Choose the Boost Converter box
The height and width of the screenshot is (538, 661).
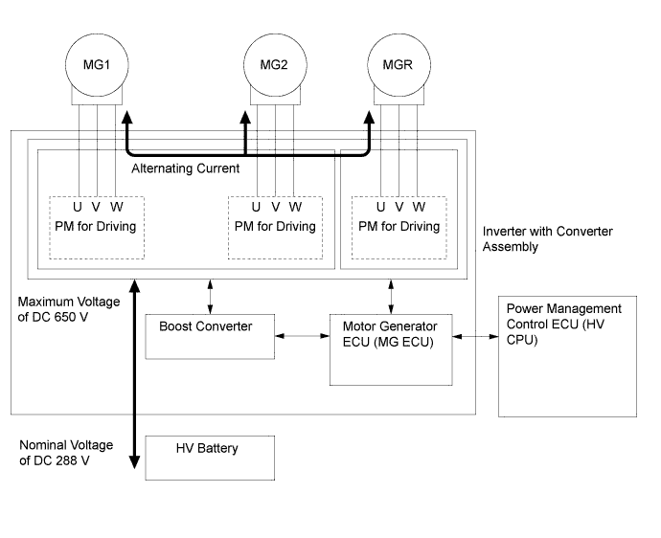(x=204, y=335)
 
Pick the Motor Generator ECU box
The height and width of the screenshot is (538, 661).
(x=390, y=347)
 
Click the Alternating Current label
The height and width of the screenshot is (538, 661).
(x=185, y=168)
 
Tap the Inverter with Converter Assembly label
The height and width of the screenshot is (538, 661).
(x=547, y=238)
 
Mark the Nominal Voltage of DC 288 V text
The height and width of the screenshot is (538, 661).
(x=67, y=453)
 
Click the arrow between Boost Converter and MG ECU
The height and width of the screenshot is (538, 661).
(x=302, y=335)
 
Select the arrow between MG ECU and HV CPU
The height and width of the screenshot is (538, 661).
(x=475, y=335)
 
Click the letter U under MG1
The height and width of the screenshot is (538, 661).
(x=77, y=207)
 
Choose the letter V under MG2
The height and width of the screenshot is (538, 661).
(x=276, y=207)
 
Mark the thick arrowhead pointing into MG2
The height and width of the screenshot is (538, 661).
(x=245, y=119)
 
